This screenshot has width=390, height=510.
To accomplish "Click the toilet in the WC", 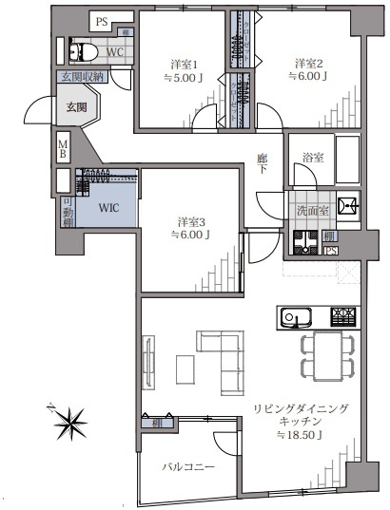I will click(x=80, y=52).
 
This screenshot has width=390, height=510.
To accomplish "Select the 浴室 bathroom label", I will click(x=313, y=158).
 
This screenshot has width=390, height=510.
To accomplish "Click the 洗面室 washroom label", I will click(x=311, y=210).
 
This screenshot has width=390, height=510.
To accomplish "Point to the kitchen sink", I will click(x=294, y=316).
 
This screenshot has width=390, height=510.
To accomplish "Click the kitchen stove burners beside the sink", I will click(x=343, y=316).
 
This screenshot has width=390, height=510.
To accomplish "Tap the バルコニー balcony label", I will click(x=187, y=467).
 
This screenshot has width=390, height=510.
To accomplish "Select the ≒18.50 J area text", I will click(x=301, y=436).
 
